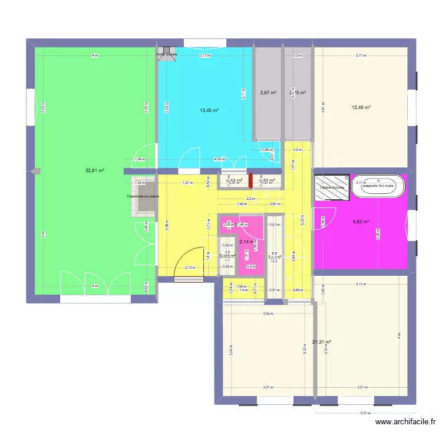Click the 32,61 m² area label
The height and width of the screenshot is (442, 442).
94,170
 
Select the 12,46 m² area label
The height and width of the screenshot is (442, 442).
361,107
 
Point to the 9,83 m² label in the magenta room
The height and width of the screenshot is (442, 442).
361,222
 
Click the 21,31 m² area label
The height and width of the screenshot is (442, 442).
322,342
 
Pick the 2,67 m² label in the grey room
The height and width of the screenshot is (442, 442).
268,93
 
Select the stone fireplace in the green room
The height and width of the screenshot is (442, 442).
144,196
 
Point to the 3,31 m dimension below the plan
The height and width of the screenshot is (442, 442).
366,413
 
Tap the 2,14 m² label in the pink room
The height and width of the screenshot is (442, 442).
246,242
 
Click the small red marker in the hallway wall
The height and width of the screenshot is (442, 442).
250,179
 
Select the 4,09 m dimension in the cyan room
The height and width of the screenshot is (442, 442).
219,159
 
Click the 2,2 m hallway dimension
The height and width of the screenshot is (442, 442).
250,199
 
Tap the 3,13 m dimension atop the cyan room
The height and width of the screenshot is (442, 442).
204,55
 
